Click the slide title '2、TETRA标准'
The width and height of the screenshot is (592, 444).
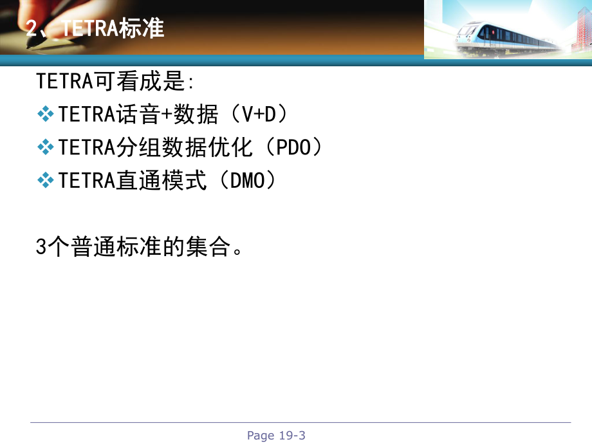point(95,29)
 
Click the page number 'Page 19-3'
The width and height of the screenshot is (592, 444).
point(276,436)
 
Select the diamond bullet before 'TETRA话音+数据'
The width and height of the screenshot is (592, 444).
point(46,115)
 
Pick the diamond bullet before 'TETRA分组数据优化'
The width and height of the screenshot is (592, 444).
point(46,148)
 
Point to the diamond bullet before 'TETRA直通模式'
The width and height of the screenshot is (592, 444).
point(46,181)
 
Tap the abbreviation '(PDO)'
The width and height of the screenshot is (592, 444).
point(288,148)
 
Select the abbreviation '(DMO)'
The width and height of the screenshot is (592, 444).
point(247,181)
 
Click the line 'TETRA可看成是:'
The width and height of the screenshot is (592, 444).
point(115,82)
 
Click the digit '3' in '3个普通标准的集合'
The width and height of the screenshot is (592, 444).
point(42,248)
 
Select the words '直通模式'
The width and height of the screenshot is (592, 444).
point(162,181)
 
